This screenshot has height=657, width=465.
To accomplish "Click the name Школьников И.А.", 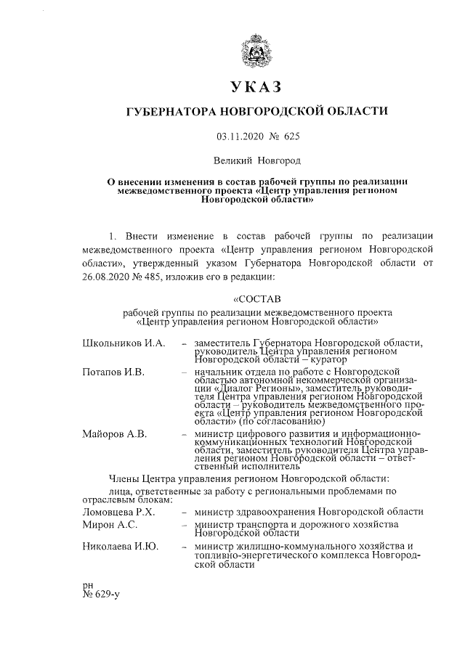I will [124, 342].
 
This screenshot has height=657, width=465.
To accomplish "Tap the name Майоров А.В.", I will [115, 434].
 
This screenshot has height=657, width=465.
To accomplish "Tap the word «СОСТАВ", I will [256, 298].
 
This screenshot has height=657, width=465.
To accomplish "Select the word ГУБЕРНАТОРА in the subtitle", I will [172, 112].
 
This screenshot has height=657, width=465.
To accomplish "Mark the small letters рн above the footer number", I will [88, 584].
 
